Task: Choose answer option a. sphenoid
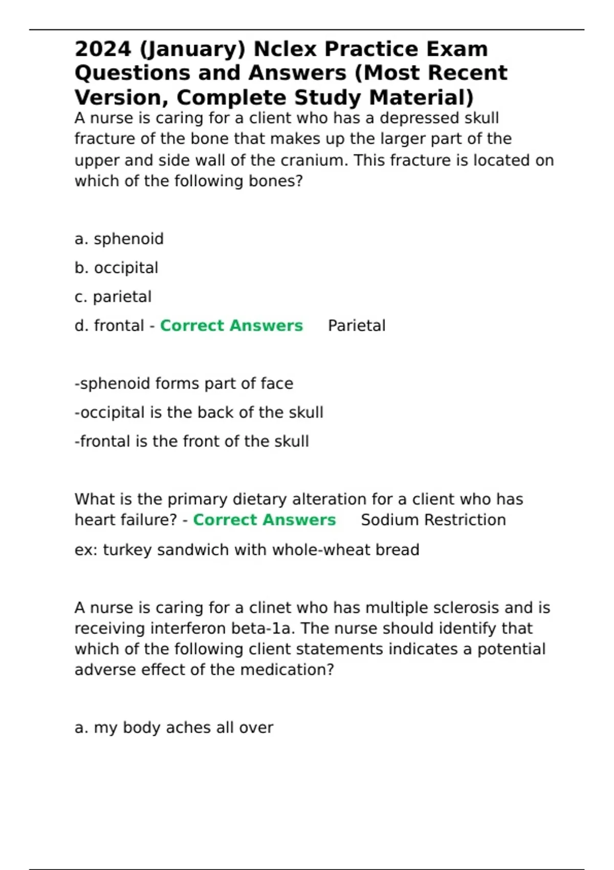(119, 239)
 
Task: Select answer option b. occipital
(117, 268)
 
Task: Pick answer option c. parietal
(113, 297)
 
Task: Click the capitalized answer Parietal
(357, 325)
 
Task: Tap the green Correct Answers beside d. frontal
(231, 325)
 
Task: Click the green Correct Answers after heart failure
(264, 520)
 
